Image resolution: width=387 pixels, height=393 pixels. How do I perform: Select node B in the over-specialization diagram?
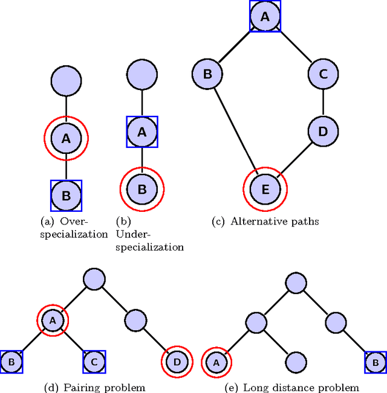click(x=66, y=195)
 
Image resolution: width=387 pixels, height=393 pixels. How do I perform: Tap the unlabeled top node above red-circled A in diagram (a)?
click(x=66, y=80)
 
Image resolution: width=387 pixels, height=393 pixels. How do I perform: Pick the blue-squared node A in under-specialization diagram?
click(x=141, y=132)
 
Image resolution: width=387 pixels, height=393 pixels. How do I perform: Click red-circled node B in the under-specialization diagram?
click(x=141, y=189)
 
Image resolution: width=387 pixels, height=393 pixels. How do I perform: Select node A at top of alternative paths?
click(x=265, y=17)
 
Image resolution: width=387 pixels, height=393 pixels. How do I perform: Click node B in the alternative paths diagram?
click(x=207, y=75)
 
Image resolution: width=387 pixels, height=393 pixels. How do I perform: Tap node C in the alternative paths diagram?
click(x=323, y=75)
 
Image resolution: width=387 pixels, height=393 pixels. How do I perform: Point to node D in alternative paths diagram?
click(x=323, y=131)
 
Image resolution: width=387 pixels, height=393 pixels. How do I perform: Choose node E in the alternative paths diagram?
click(x=265, y=190)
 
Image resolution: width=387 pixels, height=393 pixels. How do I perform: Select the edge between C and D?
click(x=323, y=103)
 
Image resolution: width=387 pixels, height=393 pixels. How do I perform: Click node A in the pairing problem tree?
click(x=53, y=321)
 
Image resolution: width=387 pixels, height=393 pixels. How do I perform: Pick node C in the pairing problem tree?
click(x=94, y=362)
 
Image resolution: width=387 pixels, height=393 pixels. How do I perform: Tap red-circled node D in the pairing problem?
click(x=177, y=362)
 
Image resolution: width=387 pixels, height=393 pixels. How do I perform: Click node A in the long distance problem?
click(x=216, y=362)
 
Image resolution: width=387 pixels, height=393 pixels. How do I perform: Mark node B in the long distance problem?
click(x=374, y=362)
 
